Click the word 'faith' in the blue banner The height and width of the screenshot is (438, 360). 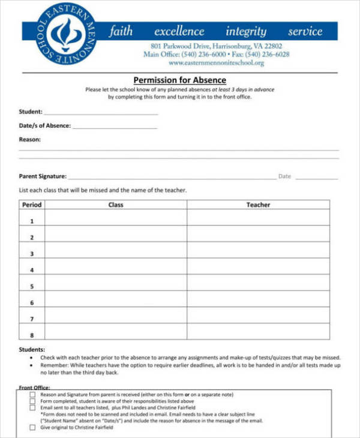(x=121, y=32)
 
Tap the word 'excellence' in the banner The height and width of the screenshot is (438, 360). (x=179, y=32)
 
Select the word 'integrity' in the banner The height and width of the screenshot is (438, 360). (x=245, y=32)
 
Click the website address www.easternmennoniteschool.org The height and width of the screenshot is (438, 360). (x=216, y=62)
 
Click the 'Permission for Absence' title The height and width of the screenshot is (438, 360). (x=179, y=80)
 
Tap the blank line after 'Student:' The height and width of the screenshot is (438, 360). (x=101, y=113)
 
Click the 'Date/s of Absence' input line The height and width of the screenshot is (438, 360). (x=115, y=127)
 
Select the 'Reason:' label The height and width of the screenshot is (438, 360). (x=30, y=139)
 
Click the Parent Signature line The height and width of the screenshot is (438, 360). (x=171, y=178)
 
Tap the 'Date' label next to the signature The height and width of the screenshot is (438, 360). (x=284, y=176)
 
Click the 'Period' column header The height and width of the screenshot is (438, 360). (x=32, y=205)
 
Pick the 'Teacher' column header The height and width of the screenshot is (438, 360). (x=258, y=205)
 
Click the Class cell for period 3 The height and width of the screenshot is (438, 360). (x=115, y=254)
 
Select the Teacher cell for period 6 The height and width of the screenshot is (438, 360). (x=258, y=302)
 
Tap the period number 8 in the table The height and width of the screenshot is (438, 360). (x=32, y=335)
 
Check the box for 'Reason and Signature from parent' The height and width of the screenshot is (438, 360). (x=32, y=395)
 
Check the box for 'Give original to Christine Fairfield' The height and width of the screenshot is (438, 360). (x=32, y=428)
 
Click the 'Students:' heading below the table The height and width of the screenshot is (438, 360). (x=32, y=349)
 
